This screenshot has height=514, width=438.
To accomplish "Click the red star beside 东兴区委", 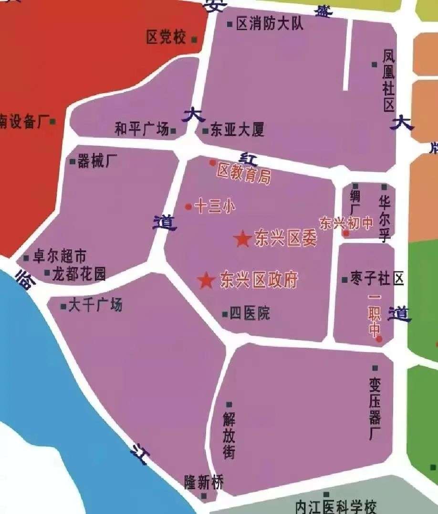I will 242,239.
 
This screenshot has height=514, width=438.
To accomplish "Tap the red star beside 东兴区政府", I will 206,280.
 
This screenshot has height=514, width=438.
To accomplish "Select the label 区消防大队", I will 270,24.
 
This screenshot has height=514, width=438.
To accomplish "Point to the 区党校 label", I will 166,38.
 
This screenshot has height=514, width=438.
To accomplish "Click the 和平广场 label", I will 142,129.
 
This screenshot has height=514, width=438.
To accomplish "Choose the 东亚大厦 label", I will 237,130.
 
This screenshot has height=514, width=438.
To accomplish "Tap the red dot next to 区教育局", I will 213,163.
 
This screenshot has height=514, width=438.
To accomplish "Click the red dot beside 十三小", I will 188,207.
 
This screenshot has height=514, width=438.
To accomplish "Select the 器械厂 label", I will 97,161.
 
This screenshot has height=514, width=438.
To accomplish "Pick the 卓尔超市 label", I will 59,257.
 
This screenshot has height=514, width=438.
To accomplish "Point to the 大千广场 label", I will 95,305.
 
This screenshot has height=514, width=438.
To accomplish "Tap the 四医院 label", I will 250,313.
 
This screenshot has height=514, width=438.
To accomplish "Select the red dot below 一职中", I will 379,339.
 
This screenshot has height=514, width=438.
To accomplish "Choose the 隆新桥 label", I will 204,483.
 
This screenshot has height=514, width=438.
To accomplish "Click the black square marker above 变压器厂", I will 375,368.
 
